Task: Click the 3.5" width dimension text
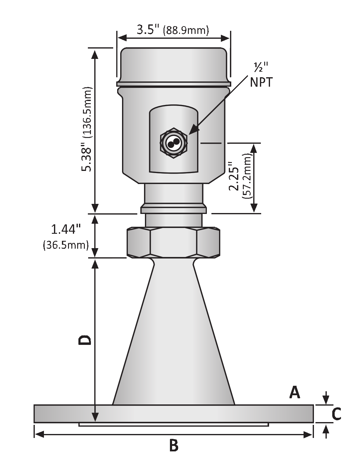pyautogui.click(x=148, y=30)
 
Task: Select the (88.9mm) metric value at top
pyautogui.click(x=186, y=31)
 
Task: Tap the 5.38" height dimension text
pyautogui.click(x=88, y=159)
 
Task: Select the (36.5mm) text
pyautogui.click(x=66, y=245)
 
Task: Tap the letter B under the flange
pyautogui.click(x=174, y=446)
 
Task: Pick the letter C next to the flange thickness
pyautogui.click(x=336, y=414)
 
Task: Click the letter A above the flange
pyautogui.click(x=294, y=392)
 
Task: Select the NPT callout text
pyautogui.click(x=261, y=82)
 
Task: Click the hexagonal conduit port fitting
pyautogui.click(x=174, y=143)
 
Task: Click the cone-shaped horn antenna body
pyautogui.click(x=174, y=336)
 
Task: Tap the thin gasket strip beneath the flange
pyautogui.click(x=174, y=424)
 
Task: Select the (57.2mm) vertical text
pyautogui.click(x=247, y=177)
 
